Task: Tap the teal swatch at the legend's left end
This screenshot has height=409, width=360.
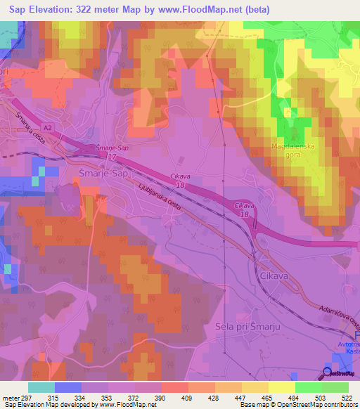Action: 41,387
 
